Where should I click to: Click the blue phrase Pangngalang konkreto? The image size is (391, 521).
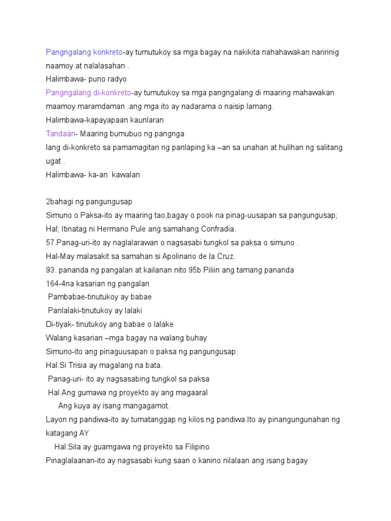(x=84, y=52)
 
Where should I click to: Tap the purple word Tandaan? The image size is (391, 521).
(x=60, y=133)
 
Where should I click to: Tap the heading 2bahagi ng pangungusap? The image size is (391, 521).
(x=89, y=201)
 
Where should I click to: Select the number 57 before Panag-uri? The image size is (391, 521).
(x=50, y=243)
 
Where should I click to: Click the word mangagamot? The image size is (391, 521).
(x=145, y=406)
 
